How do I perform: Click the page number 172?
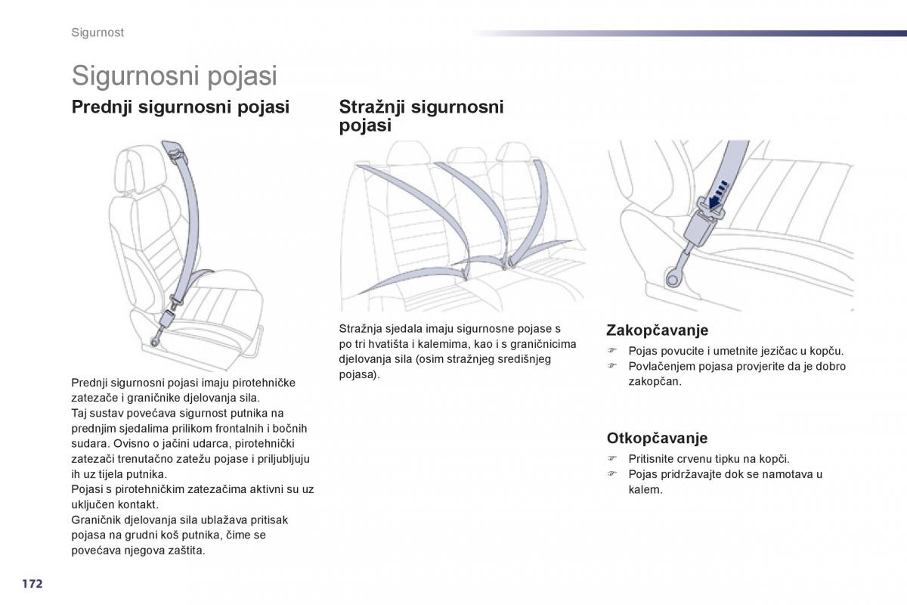31,584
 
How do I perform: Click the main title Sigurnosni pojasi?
175,76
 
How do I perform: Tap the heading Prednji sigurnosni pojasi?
180,107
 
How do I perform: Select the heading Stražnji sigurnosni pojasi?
421,116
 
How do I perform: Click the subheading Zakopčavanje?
657,330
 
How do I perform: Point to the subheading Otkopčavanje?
657,438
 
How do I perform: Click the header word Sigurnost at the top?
98,33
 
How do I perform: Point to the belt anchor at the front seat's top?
173,152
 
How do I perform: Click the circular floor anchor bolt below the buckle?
671,280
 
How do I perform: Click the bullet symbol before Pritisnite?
614,459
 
